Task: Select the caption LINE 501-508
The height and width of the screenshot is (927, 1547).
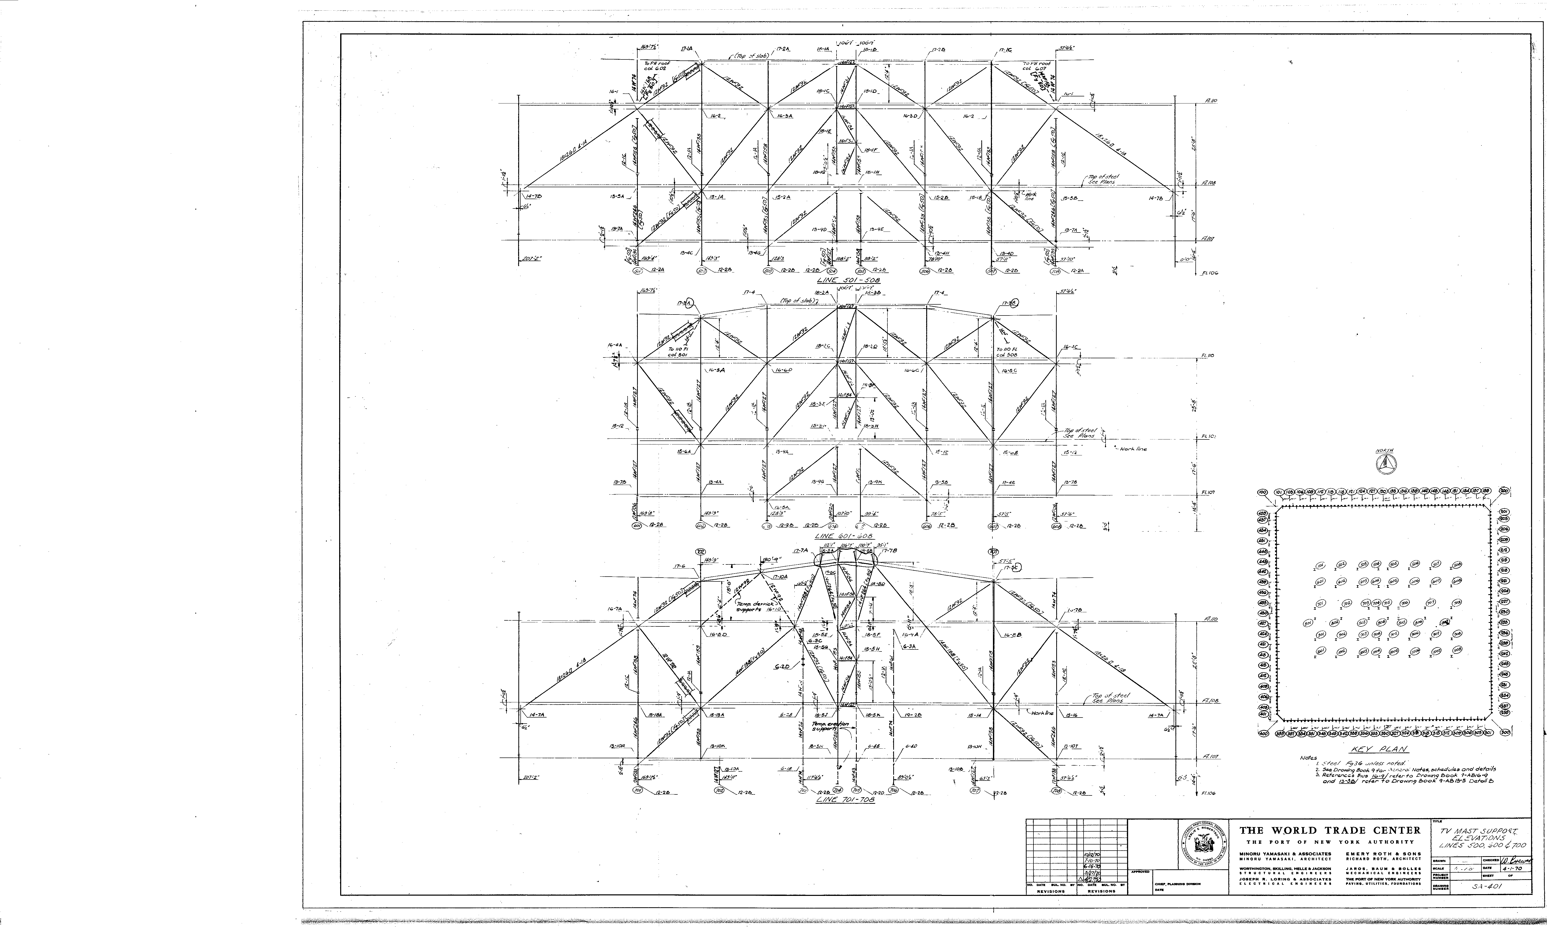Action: (845, 281)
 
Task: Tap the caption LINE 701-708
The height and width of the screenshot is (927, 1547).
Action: (845, 799)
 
